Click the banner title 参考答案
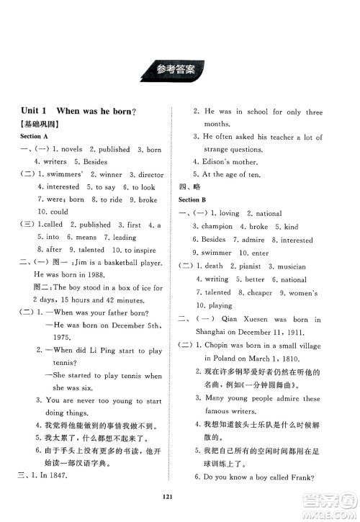coord(179,70)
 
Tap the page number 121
coord(179,505)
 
